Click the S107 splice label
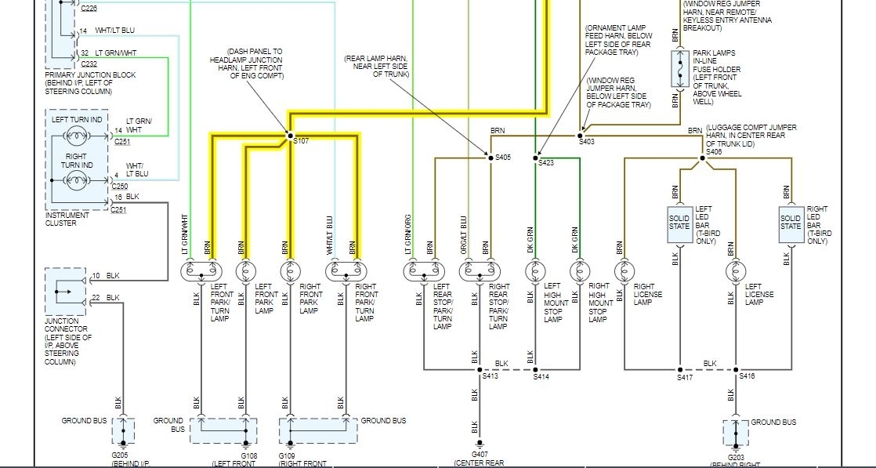(302, 141)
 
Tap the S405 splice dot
(489, 158)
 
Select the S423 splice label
(546, 163)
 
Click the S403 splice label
(587, 141)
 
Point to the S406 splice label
(713, 151)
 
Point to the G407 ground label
(480, 454)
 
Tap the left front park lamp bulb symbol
(245, 270)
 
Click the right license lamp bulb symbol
(624, 270)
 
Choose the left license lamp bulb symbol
(735, 270)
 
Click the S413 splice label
(490, 377)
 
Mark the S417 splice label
(685, 378)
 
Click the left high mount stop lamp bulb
(535, 270)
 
